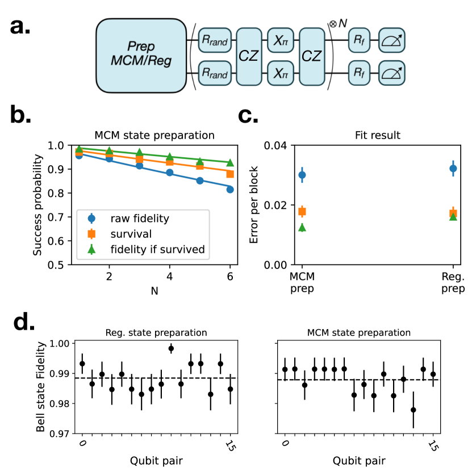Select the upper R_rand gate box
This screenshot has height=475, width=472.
pyautogui.click(x=215, y=40)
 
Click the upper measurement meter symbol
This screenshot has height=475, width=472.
pyautogui.click(x=392, y=40)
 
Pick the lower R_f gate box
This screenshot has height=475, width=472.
pyautogui.click(x=359, y=74)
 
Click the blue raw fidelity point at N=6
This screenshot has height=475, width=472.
pyautogui.click(x=230, y=190)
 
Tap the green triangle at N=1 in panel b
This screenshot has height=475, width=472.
pyautogui.click(x=80, y=149)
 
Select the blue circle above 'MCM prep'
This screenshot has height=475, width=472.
pyautogui.click(x=302, y=175)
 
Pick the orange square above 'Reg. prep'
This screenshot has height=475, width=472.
pyautogui.click(x=453, y=213)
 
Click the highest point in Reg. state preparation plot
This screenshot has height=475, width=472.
pyautogui.click(x=171, y=348)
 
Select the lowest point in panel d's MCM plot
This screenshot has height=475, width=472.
pyautogui.click(x=413, y=410)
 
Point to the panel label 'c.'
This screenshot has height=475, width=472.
pyautogui.click(x=252, y=117)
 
